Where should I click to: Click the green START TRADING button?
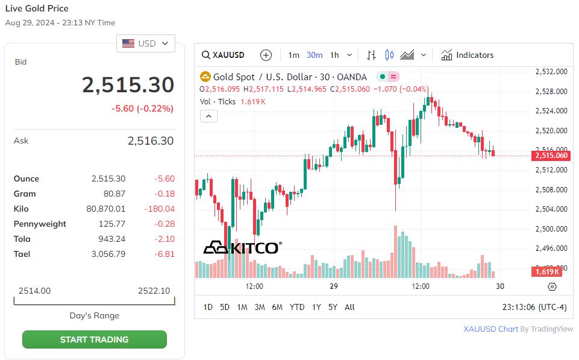(94, 339)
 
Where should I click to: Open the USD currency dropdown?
(146, 43)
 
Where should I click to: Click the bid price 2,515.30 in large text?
(128, 86)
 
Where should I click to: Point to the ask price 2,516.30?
(150, 141)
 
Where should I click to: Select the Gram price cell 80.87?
(114, 194)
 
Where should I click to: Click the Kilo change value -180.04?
(160, 209)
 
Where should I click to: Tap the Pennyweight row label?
(40, 224)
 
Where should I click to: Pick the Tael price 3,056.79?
(108, 254)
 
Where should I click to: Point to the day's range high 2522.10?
(154, 291)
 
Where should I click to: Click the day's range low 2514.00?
(34, 291)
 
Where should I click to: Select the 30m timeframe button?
(315, 55)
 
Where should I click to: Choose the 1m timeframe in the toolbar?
(293, 55)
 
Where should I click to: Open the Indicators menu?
(468, 55)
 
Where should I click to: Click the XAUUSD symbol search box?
(224, 55)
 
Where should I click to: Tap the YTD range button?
(297, 307)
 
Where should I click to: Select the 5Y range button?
(333, 307)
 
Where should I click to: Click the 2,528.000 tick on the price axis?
(551, 91)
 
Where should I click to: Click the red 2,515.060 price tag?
(550, 156)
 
